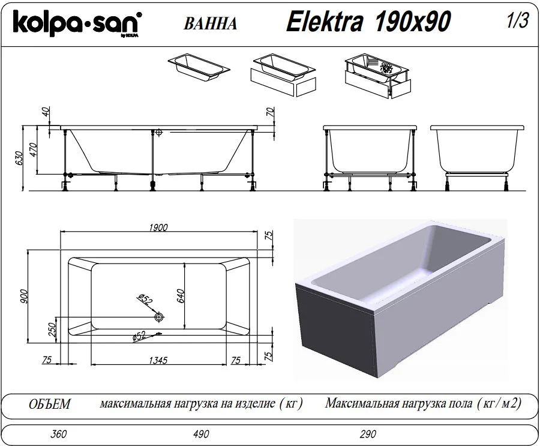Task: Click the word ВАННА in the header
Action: tap(210, 24)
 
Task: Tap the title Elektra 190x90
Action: tap(368, 22)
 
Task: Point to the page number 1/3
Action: tap(517, 20)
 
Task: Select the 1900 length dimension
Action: tap(158, 228)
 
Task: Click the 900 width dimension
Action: tap(24, 297)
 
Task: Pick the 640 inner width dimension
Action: tap(181, 296)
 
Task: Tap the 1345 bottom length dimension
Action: tap(158, 360)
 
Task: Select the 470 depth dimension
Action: tap(33, 149)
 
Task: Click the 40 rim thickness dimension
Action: tap(46, 112)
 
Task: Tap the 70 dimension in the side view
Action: tap(271, 112)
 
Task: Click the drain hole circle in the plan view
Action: tap(159, 317)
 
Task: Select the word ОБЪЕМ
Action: tap(50, 404)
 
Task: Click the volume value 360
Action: tap(59, 433)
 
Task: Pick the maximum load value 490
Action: tap(201, 433)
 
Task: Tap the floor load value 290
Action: tap(368, 433)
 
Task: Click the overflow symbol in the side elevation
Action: tap(159, 132)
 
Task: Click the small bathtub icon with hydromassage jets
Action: tap(378, 75)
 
